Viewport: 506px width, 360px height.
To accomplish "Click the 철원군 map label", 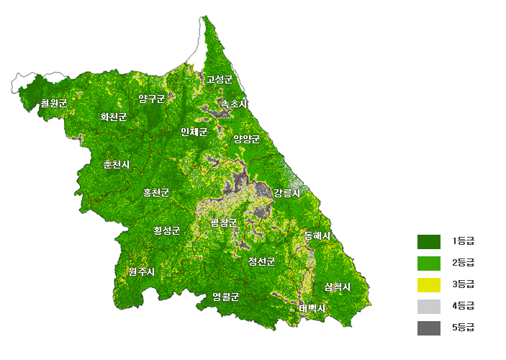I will [x=54, y=103].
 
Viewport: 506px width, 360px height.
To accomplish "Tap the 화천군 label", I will [x=114, y=117].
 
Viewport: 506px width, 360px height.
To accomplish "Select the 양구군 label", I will [x=152, y=99].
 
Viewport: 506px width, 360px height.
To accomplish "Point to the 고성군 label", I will [x=220, y=79].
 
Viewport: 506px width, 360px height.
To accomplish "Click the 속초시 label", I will [x=233, y=104].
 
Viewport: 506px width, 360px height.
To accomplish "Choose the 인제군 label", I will [x=194, y=132].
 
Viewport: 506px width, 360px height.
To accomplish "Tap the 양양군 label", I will [x=246, y=139].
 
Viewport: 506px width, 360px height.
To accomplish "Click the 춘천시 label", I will [x=117, y=164].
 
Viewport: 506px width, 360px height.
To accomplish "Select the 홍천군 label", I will [x=156, y=192].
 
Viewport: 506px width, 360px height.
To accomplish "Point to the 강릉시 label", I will [x=287, y=192].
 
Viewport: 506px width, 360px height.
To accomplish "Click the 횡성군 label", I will [x=166, y=230].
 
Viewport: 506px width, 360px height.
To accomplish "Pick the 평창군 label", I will [x=223, y=222].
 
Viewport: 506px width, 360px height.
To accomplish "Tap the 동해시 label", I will [x=317, y=235].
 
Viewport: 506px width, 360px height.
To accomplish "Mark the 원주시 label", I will [x=142, y=271].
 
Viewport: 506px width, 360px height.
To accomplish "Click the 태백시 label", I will [x=312, y=308].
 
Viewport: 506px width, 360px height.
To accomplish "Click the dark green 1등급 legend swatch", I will [x=428, y=240].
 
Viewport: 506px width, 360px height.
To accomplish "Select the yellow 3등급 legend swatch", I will [x=428, y=284].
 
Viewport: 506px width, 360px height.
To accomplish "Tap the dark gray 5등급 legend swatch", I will [x=428, y=328].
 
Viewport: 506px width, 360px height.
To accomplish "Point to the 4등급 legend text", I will [x=463, y=306].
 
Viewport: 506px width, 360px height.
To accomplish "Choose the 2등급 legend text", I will [x=463, y=262].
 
